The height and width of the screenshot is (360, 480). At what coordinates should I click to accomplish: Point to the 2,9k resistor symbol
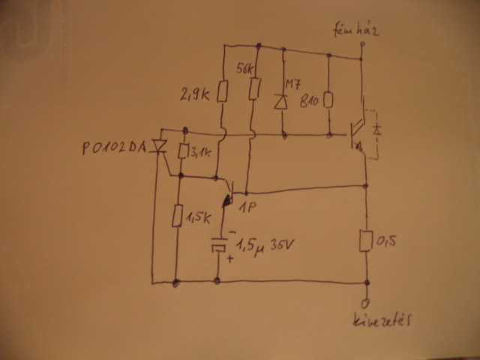[223, 92]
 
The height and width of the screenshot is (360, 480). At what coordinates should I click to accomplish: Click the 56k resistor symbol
[256, 91]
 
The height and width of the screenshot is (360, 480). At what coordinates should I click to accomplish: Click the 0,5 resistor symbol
[367, 241]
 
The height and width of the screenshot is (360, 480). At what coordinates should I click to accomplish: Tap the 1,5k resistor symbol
[177, 215]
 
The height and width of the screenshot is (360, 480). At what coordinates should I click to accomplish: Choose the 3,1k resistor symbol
[182, 153]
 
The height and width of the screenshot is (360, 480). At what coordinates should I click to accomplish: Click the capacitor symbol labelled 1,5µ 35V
[218, 245]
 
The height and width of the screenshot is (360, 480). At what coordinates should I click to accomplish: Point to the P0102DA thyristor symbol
[159, 147]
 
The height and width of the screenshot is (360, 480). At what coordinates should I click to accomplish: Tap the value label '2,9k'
[196, 95]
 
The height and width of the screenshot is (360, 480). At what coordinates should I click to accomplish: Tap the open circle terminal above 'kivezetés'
[367, 303]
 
